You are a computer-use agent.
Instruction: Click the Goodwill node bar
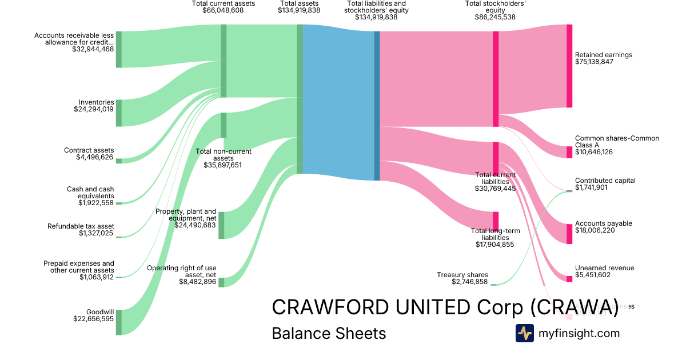119,322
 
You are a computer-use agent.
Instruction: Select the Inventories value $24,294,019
94,109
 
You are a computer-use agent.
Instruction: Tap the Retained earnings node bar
569,66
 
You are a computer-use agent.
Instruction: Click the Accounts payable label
603,223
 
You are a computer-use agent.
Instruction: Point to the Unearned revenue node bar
569,279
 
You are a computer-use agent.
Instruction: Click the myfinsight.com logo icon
524,333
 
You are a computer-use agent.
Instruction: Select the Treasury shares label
462,275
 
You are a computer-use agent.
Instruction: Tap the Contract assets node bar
119,161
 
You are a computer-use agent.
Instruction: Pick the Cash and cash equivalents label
90,193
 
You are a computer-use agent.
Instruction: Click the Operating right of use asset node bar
221,282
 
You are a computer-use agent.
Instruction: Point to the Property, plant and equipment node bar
221,225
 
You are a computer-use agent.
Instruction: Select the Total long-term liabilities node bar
496,221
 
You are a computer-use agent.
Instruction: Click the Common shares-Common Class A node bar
569,152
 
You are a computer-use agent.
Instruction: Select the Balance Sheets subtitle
329,333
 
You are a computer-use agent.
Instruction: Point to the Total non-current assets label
224,155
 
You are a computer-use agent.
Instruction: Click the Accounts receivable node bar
119,50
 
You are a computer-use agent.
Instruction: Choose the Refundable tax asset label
81,226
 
